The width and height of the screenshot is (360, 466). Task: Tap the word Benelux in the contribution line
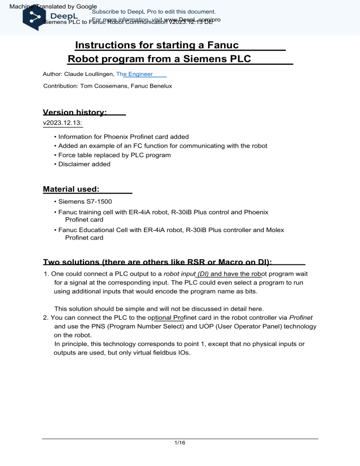click(x=160, y=86)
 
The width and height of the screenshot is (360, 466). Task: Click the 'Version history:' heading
click(x=75, y=113)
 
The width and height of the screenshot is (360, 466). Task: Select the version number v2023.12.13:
click(x=62, y=123)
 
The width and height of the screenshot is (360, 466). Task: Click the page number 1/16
click(x=180, y=448)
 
